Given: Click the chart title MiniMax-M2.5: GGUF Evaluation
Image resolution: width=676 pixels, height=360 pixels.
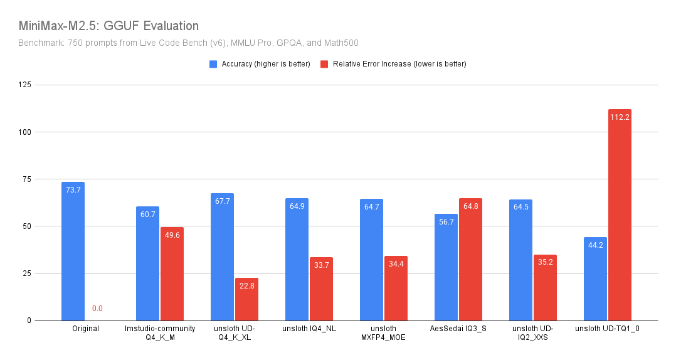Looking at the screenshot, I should (x=108, y=26).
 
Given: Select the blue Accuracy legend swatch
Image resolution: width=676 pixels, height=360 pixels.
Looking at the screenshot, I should (x=213, y=64).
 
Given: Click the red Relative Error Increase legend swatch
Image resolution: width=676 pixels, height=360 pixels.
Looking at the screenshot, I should (x=324, y=64).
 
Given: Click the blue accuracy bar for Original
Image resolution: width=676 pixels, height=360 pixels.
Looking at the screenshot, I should (x=73, y=251).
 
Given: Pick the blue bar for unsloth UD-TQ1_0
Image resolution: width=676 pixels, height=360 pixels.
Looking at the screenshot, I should (x=595, y=279).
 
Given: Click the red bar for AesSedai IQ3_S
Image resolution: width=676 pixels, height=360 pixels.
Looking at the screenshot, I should (x=470, y=260).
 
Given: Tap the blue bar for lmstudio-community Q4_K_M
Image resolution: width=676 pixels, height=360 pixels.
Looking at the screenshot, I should (x=147, y=263).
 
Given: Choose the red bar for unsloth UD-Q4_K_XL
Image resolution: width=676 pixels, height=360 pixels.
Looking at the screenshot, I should (x=246, y=299).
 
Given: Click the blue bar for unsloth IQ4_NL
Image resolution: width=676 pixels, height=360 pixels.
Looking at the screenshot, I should (x=297, y=260).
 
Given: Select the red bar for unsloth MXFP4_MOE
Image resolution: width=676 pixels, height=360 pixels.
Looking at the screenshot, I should (x=396, y=289).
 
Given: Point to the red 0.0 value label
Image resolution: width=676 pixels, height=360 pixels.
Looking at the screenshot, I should (x=97, y=309).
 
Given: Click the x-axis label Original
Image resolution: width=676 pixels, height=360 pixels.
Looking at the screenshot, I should (x=85, y=329).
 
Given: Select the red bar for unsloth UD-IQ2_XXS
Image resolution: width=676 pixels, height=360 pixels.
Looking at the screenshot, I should (x=545, y=288).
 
